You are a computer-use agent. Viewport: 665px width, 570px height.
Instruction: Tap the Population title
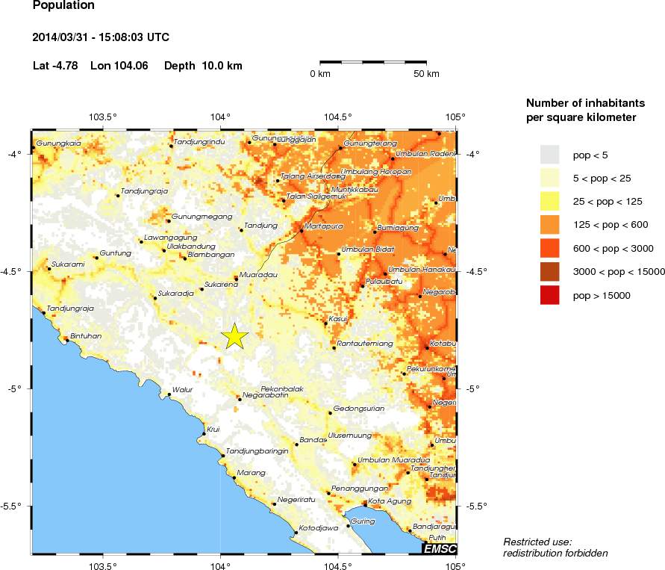coord(64,6)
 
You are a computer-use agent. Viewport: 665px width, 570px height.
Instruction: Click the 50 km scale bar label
coord(427,73)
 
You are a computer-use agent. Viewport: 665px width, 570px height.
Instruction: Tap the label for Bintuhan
coord(85,336)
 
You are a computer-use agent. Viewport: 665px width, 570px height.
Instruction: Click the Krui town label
coord(213,429)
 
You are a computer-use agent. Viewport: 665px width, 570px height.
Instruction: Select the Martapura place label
coord(323,225)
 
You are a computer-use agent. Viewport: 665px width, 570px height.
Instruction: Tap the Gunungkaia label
coord(58,143)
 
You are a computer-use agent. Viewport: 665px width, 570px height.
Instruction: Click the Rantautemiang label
coord(365,343)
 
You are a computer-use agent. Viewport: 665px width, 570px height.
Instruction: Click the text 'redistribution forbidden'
coord(555,553)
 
